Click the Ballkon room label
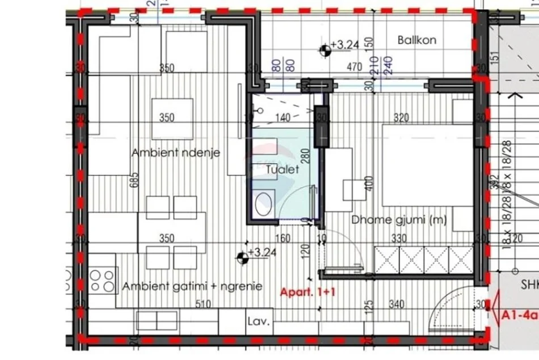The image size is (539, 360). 416,40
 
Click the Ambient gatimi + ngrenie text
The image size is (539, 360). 192,286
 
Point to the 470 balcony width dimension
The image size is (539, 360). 355,67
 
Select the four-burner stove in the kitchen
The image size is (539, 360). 102,280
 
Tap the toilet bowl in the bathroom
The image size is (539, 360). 263,204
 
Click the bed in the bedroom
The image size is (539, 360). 426,165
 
